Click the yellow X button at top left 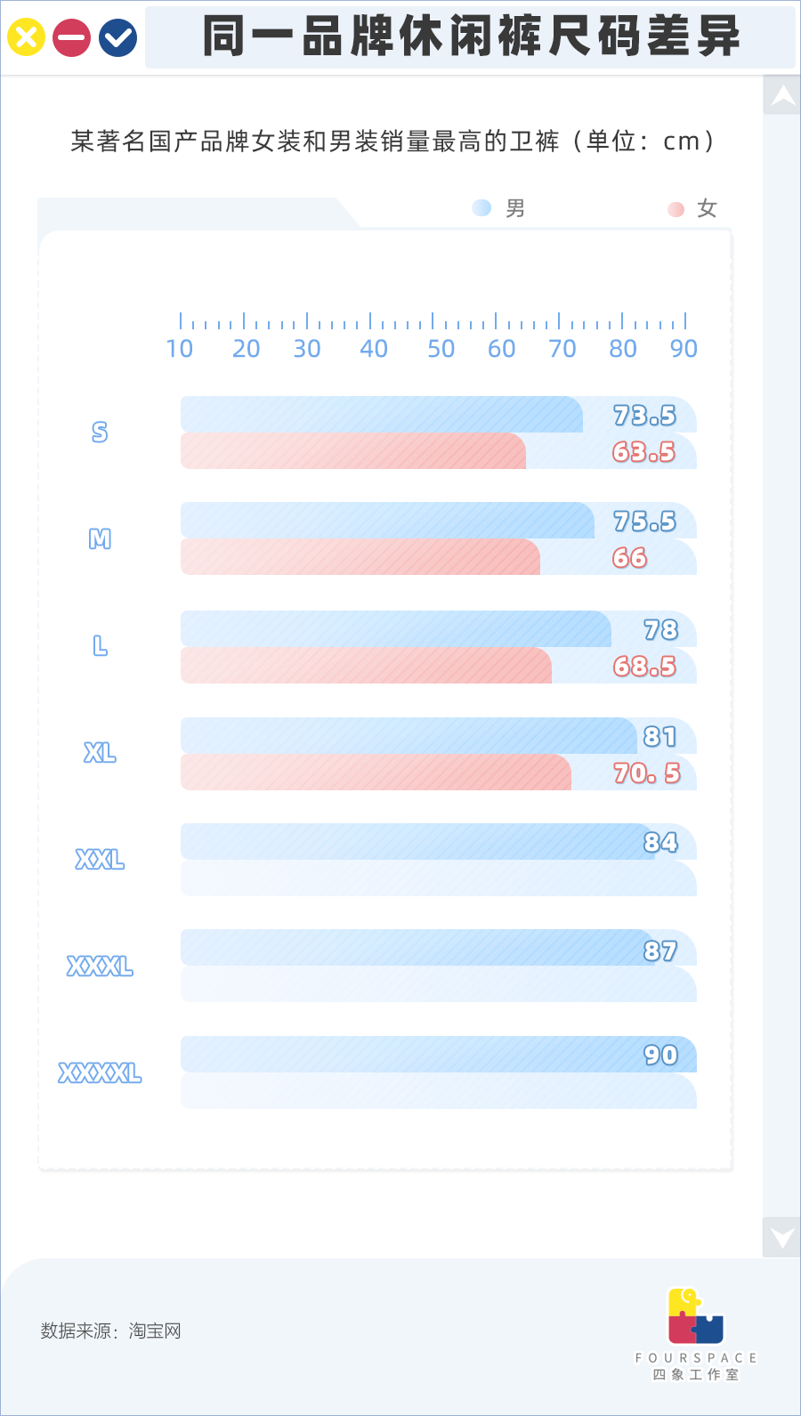click(x=26, y=38)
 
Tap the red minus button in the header click(x=72, y=38)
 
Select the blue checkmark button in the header click(x=117, y=38)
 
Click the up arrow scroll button click(x=782, y=95)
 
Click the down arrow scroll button click(x=782, y=1236)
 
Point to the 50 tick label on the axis click(x=441, y=349)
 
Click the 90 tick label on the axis click(x=684, y=349)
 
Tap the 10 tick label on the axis click(x=180, y=349)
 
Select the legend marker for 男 click(x=481, y=208)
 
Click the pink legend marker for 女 click(x=676, y=209)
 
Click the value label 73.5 click(x=644, y=416)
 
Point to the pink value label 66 click(x=629, y=558)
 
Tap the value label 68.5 click(x=644, y=667)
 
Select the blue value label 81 click(x=660, y=737)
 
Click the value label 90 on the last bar click(x=660, y=1056)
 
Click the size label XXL click(x=100, y=860)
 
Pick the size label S click(x=100, y=433)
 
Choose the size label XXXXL click(x=100, y=1073)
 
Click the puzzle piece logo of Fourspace click(x=695, y=1316)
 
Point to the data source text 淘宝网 click(x=155, y=1331)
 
